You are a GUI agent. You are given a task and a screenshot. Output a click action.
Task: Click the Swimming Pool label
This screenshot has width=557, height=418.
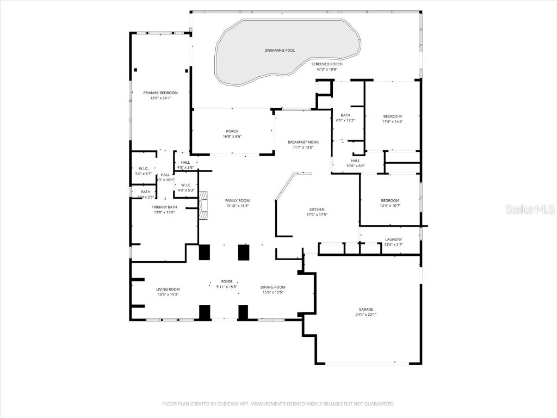point(280,51)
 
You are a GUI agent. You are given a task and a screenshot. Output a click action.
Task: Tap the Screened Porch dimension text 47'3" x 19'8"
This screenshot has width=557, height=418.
point(327,70)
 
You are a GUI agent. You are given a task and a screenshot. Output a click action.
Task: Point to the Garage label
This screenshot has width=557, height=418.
point(366,309)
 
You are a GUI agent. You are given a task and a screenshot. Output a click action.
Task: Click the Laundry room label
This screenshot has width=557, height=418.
point(393,239)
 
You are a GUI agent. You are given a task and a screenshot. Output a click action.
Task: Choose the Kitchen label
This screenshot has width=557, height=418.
point(317,210)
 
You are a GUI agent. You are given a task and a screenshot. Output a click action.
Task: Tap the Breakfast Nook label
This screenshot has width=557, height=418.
point(303,142)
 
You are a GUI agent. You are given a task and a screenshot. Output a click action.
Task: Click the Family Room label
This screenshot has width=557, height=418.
point(237,201)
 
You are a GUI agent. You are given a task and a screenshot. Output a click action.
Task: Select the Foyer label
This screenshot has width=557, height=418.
point(227,282)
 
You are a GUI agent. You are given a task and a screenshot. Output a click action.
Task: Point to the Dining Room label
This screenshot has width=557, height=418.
point(273,287)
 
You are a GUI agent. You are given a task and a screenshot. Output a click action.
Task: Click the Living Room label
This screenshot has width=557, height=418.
point(168,290)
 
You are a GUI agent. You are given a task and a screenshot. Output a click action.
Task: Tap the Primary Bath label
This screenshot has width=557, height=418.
point(164,207)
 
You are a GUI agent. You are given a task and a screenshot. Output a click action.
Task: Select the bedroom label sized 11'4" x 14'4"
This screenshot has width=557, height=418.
point(392,116)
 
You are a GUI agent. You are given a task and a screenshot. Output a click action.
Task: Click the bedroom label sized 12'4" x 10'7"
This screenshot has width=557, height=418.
point(389,200)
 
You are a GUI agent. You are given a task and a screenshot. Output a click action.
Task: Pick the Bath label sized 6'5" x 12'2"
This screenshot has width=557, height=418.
point(345,115)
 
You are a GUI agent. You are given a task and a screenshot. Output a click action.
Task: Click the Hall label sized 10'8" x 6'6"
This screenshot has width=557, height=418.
point(355,161)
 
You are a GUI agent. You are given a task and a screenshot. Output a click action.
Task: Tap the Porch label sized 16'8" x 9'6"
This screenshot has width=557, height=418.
point(232,131)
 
